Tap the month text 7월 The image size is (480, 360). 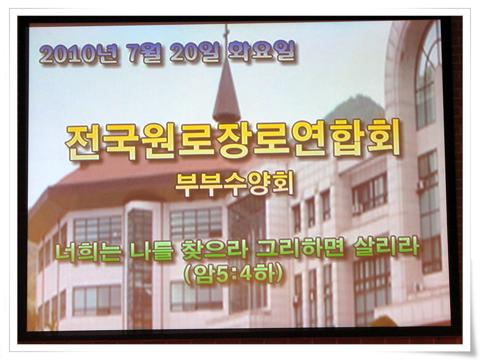[x=144, y=53]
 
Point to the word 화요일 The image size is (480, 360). [x=262, y=51]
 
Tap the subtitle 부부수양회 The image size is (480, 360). [x=235, y=183]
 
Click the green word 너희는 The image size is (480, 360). [x=89, y=252]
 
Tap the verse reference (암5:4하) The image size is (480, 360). [x=233, y=274]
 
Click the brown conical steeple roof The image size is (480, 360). [x=227, y=92]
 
